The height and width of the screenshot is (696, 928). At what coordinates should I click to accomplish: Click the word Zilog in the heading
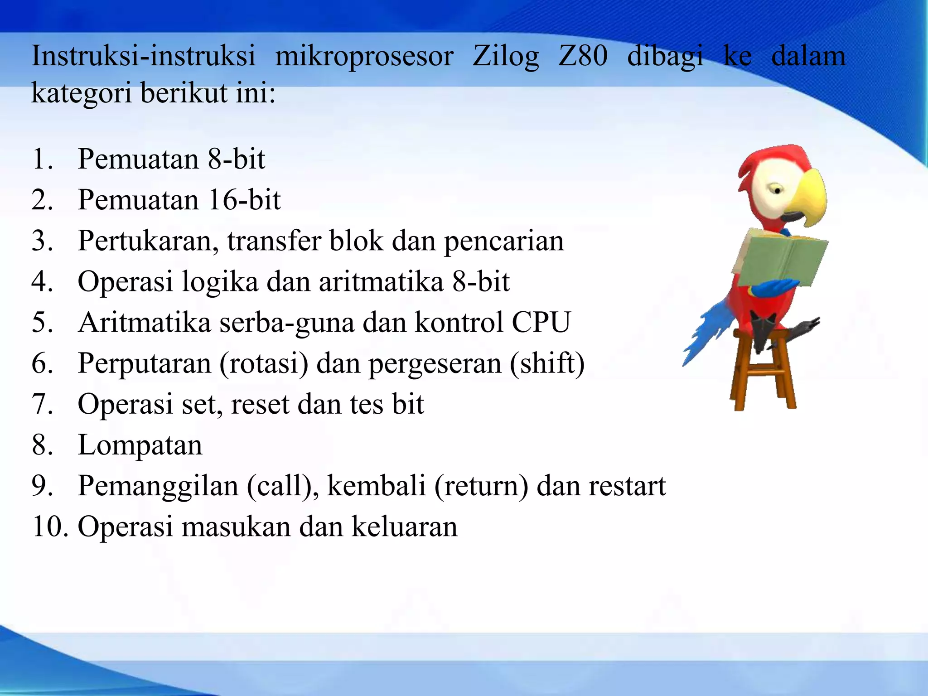505,57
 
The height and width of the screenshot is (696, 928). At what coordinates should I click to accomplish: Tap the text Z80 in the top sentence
582,56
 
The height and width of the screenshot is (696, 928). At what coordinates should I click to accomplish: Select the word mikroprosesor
364,57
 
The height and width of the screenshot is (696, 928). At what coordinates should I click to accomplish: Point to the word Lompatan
140,445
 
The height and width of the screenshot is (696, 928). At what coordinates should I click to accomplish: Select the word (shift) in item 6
547,363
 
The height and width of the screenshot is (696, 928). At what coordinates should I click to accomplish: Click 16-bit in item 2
245,200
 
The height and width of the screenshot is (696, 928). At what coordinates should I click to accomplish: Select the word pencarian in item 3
503,241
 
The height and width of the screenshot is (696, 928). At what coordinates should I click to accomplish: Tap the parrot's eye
777,190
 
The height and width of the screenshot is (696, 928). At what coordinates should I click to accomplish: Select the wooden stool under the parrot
764,376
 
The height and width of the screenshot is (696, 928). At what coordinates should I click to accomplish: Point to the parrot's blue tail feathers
707,331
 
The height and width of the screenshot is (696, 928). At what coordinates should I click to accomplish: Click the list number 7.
42,404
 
